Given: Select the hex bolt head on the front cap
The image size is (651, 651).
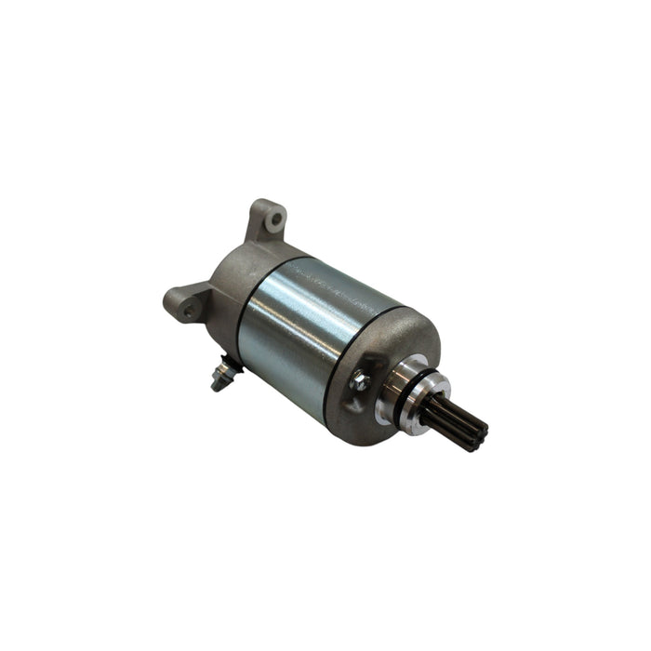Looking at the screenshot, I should click(359, 379).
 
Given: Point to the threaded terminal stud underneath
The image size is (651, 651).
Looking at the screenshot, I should click(220, 376).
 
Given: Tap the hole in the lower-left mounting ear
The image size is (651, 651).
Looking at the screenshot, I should click(189, 311).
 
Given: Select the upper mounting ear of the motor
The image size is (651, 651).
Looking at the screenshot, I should click(268, 223).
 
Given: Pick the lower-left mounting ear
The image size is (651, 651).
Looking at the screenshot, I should click(184, 304).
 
